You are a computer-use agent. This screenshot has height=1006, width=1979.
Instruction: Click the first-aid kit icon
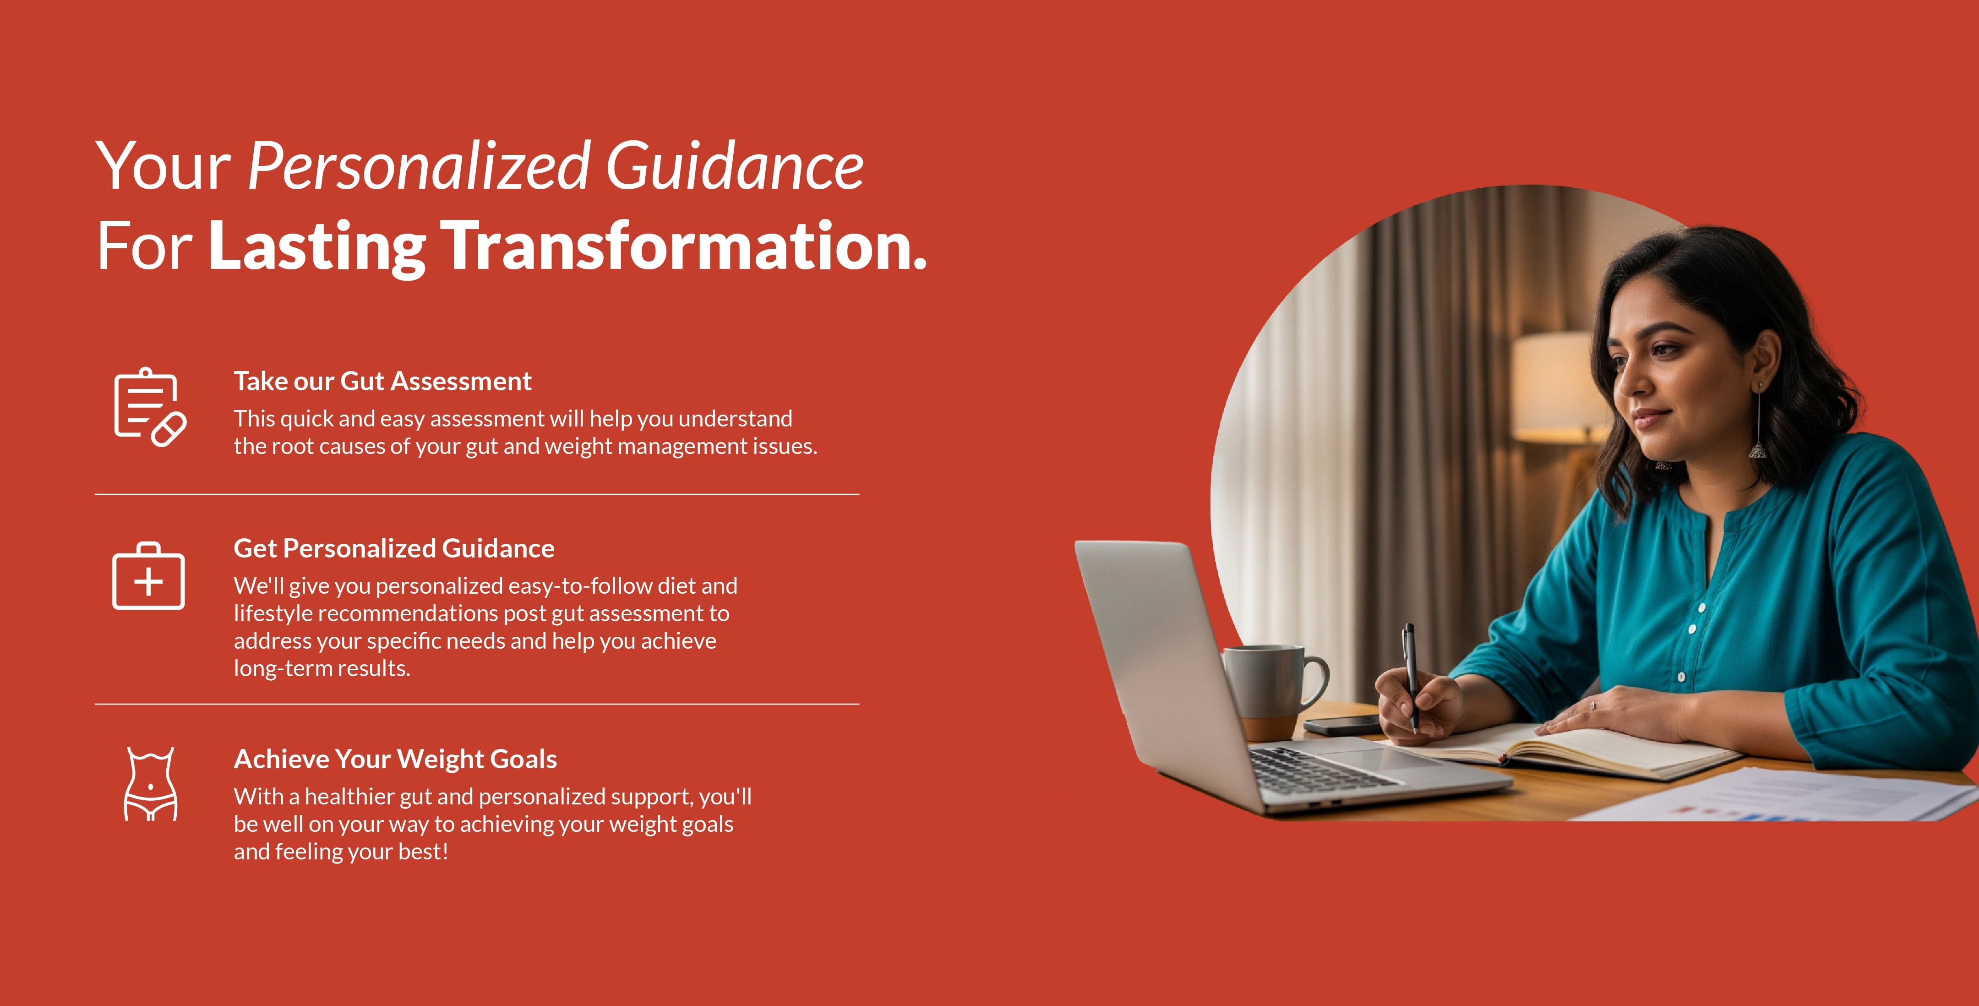click(x=148, y=576)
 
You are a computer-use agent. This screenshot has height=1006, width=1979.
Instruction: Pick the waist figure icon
click(x=151, y=784)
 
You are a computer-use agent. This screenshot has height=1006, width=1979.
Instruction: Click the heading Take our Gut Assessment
click(x=382, y=381)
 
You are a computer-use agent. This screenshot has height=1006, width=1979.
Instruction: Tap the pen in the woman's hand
click(x=1411, y=676)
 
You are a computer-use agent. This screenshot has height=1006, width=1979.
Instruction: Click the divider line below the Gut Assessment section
click(x=476, y=494)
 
